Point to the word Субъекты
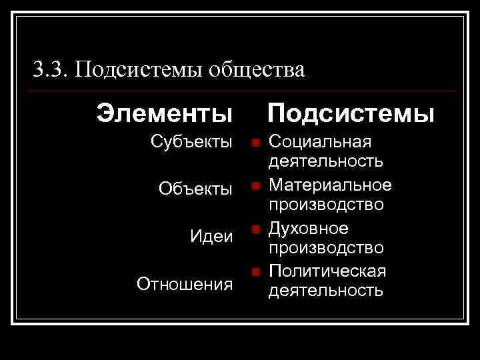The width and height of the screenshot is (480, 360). pos(191,142)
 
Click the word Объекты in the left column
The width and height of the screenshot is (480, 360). pos(195,189)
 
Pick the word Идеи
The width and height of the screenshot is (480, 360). pos(211,237)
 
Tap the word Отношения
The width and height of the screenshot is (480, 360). pos(185,284)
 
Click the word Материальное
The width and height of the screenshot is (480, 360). pos(329,184)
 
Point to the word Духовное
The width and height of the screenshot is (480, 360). pos(307,229)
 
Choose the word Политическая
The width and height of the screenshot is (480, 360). pos(327,271)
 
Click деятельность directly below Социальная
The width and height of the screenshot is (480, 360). pos(325,161)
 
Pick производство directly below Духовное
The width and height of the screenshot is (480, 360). pos(325,248)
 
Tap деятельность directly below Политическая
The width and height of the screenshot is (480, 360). pos(325,291)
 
